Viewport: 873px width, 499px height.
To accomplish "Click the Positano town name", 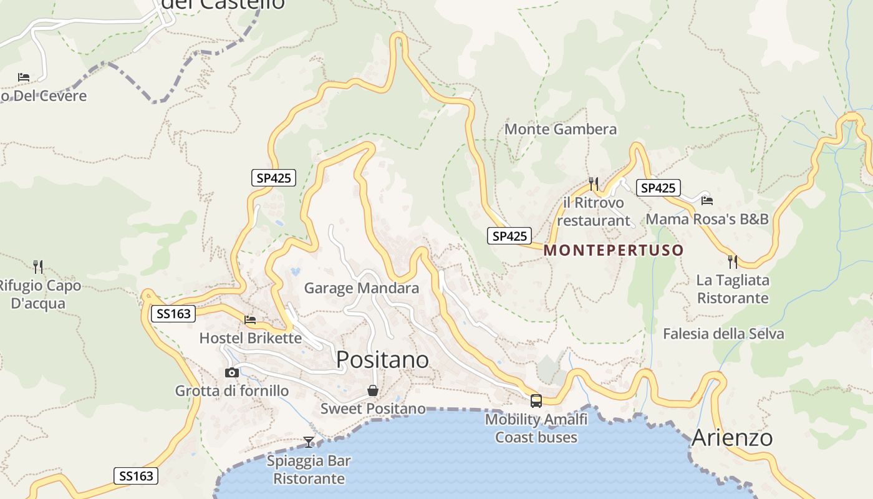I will click(x=382, y=360).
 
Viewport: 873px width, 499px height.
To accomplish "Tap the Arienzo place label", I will click(x=732, y=437).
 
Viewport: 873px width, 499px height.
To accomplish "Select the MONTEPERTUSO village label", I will click(x=614, y=250).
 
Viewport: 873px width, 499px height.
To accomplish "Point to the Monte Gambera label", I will click(x=561, y=129).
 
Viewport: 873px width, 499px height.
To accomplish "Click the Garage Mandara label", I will click(x=362, y=288).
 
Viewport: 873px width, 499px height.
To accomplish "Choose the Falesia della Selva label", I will click(x=723, y=334).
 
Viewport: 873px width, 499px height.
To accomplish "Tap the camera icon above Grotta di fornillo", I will click(x=232, y=372).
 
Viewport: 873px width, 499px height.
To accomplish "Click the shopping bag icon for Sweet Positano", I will click(x=373, y=391).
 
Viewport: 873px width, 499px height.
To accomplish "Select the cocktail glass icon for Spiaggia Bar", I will click(x=309, y=442).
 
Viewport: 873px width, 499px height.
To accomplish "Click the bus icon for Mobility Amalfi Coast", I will click(x=536, y=401).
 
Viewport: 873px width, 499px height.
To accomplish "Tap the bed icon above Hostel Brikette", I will click(x=250, y=320).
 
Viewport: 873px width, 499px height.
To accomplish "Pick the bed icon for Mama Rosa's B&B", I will click(x=707, y=200).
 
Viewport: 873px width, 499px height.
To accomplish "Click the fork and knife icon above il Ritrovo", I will click(x=594, y=183).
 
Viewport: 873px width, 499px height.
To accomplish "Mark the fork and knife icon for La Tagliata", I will click(x=733, y=261).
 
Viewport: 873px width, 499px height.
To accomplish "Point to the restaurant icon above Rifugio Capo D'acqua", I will click(x=38, y=267).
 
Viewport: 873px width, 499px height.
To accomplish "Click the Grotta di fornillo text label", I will click(x=232, y=391).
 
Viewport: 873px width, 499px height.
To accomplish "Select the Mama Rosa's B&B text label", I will click(x=707, y=219).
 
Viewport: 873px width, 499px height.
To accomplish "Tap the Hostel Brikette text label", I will click(x=250, y=338).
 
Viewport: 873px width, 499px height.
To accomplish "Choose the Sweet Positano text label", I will click(x=373, y=409).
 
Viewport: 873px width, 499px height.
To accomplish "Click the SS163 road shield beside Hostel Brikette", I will click(x=173, y=314).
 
